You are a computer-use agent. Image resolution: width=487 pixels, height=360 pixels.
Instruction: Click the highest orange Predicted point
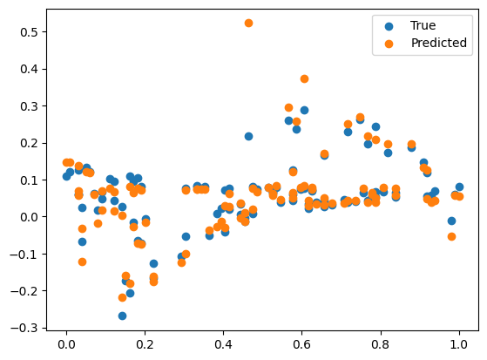(x=248, y=23)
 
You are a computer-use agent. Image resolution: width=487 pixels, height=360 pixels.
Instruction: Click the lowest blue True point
(x=122, y=316)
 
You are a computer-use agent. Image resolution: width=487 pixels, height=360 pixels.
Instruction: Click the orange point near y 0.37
(x=304, y=78)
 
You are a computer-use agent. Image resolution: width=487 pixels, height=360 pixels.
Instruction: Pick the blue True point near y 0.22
(x=248, y=136)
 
